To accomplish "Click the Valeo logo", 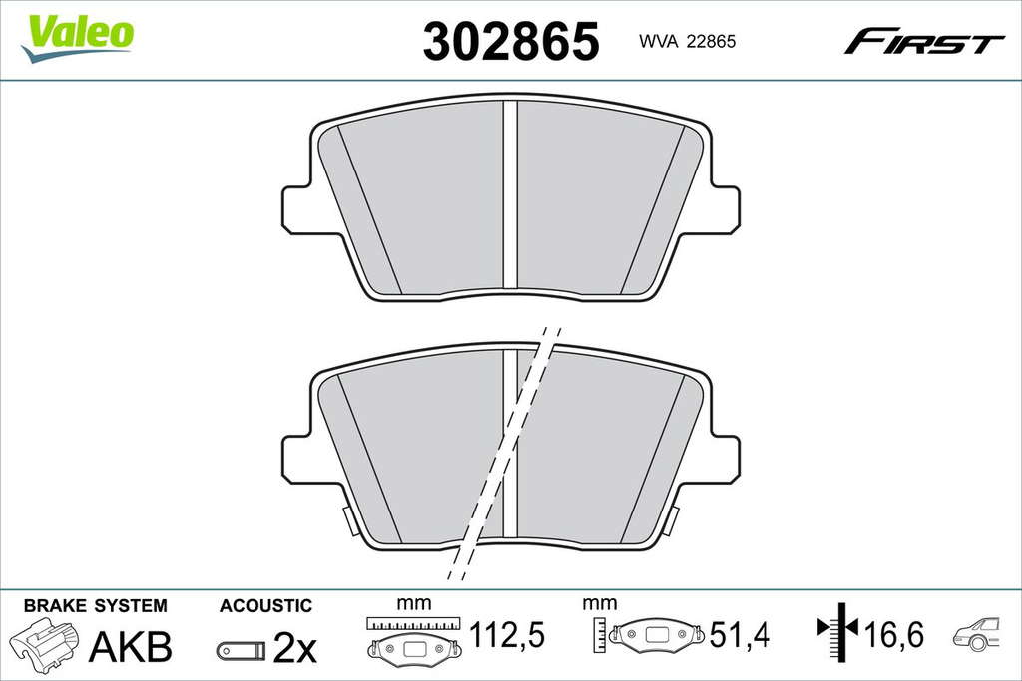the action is pyautogui.click(x=77, y=38).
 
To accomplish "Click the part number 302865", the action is pyautogui.click(x=511, y=41).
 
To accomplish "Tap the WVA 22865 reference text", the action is pyautogui.click(x=687, y=42).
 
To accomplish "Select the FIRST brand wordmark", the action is pyautogui.click(x=923, y=41).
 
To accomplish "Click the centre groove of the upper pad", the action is pyautogui.click(x=510, y=193).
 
